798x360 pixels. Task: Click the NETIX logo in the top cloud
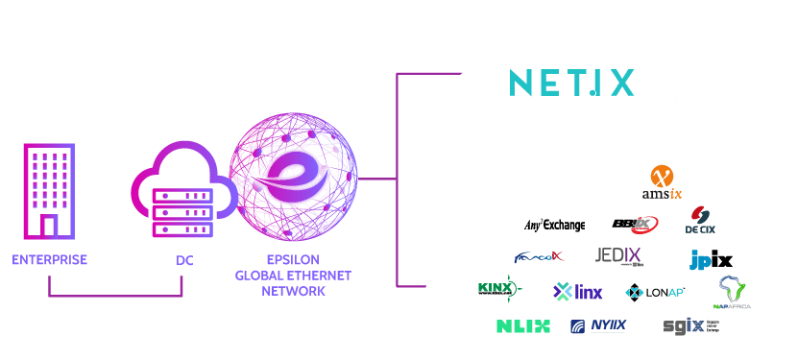(x=570, y=83)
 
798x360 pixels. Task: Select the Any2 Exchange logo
(x=554, y=225)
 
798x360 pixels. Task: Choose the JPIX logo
(x=711, y=259)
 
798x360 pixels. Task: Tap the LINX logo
(x=578, y=291)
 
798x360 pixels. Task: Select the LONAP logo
(x=655, y=291)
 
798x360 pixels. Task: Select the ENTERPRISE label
(x=50, y=260)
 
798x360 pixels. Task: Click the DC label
(x=184, y=260)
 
